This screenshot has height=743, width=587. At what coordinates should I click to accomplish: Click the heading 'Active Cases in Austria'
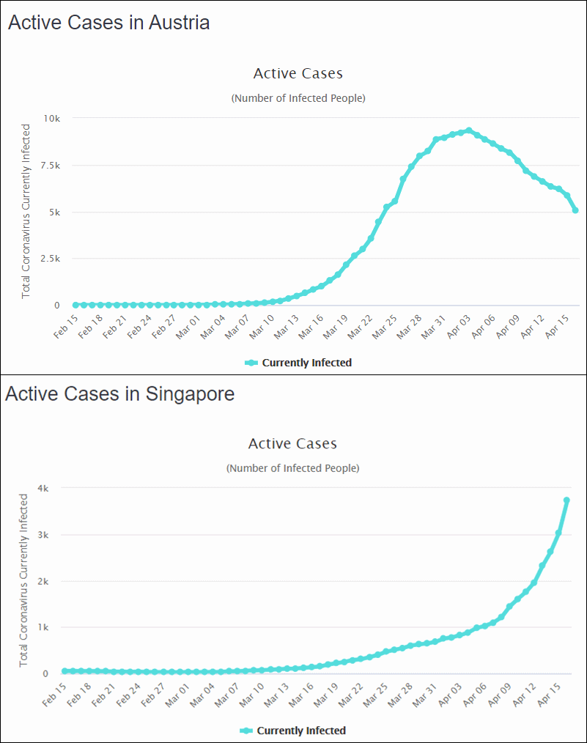point(108,23)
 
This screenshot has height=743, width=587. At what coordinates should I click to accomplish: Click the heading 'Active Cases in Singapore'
point(119,393)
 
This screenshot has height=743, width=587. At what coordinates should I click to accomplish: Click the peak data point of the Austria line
point(469,130)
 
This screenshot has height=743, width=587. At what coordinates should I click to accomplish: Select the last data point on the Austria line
point(575,210)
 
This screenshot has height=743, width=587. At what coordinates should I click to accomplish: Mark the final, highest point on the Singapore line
point(566,500)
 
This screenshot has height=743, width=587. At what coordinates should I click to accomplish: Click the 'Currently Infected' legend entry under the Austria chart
point(298,363)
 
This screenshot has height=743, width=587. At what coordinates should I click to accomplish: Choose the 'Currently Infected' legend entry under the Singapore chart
point(293,731)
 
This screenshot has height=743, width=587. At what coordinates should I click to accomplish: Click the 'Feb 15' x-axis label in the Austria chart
point(67,327)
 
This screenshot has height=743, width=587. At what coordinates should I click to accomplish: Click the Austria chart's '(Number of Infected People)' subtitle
point(298,98)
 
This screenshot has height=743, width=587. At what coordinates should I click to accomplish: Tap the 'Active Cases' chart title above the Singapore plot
point(292,443)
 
